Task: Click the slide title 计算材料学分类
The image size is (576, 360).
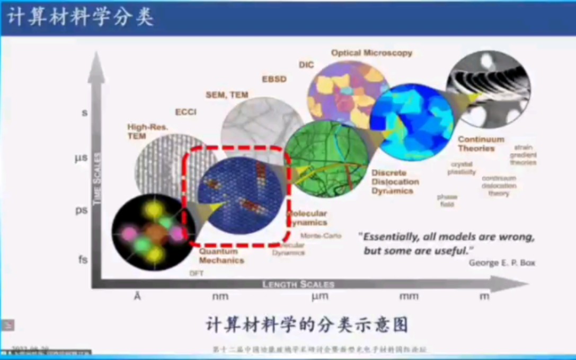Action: (x=81, y=17)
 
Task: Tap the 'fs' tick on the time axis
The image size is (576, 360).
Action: (x=83, y=260)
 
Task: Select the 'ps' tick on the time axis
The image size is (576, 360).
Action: (x=81, y=210)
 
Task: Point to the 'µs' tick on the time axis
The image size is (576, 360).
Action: (x=81, y=158)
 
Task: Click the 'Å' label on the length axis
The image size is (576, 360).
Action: (x=137, y=296)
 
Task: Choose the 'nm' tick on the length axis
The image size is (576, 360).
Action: (x=220, y=296)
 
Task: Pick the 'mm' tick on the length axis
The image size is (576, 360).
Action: (x=409, y=296)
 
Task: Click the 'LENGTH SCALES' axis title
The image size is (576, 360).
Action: (x=298, y=285)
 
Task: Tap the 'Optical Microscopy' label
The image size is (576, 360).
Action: (x=371, y=53)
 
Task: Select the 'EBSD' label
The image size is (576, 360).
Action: (x=274, y=79)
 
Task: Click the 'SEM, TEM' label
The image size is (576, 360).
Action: (x=227, y=95)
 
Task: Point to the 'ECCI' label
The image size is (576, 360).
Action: (x=186, y=112)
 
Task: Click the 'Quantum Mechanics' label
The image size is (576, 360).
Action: (x=221, y=256)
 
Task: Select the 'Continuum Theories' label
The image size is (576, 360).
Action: (x=481, y=144)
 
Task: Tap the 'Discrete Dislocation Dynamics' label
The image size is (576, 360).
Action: (x=395, y=181)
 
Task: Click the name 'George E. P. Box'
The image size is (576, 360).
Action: (x=501, y=262)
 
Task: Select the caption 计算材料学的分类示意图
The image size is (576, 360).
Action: (x=307, y=324)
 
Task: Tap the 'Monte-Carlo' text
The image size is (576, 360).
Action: (x=321, y=235)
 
